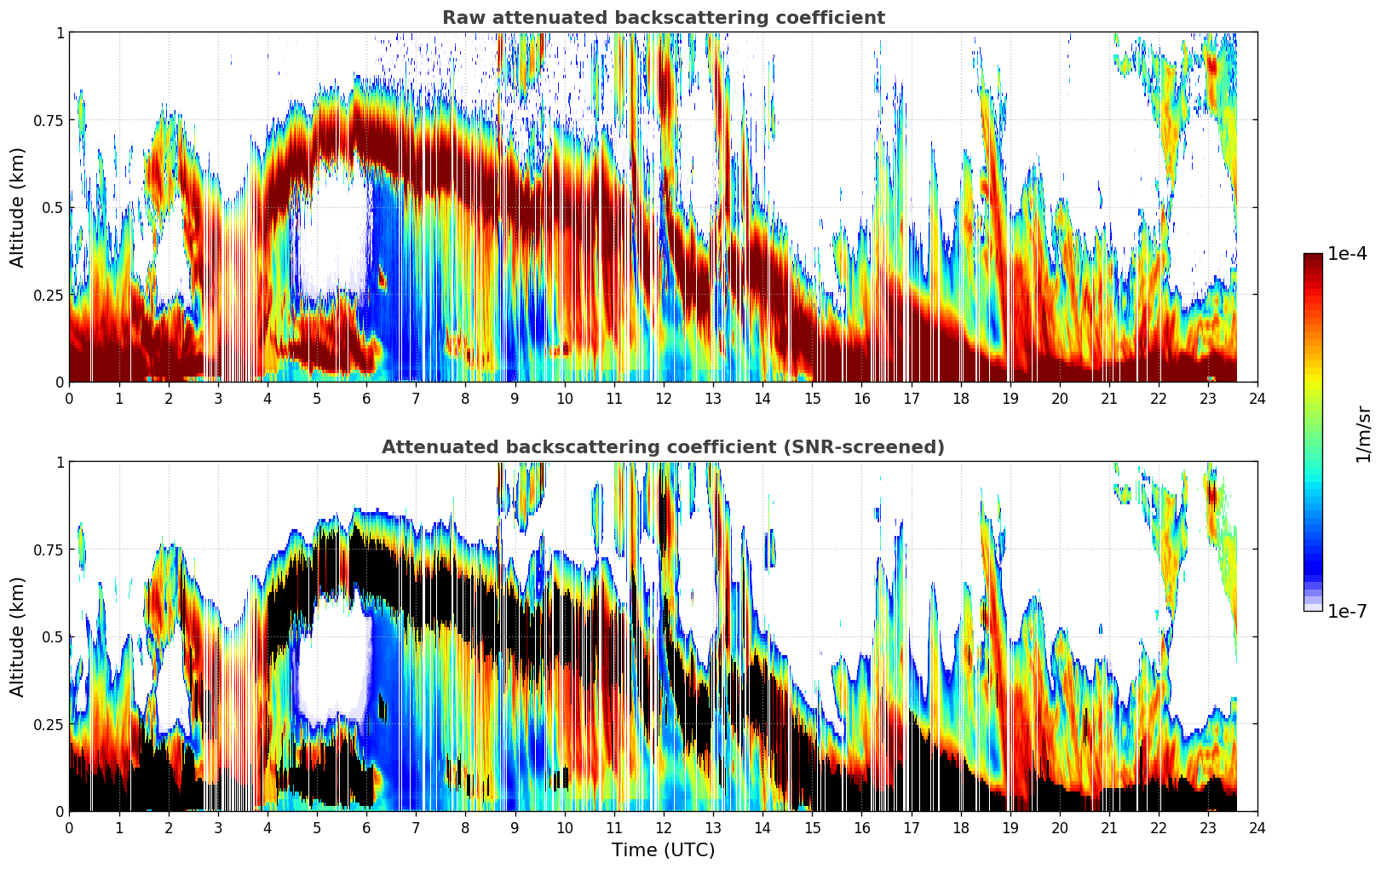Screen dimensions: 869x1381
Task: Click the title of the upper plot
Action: pos(663,18)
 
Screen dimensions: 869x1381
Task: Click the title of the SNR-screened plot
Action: pos(663,447)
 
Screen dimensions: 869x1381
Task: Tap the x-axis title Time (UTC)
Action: pos(663,850)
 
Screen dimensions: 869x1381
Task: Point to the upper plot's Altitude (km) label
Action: pos(18,207)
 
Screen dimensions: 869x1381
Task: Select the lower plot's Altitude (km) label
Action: pos(18,636)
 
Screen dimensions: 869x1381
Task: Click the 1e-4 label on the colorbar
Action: pos(1347,254)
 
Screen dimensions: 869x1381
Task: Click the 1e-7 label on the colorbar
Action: pos(1347,611)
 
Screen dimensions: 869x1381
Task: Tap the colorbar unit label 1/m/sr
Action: pos(1363,434)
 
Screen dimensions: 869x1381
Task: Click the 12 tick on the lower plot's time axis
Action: pos(664,828)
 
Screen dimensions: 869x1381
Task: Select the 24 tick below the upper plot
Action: pos(1257,399)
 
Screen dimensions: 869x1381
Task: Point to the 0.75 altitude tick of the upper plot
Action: pos(48,120)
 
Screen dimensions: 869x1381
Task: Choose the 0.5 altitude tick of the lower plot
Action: pos(54,636)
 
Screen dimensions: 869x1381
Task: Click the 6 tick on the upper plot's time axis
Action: pos(366,399)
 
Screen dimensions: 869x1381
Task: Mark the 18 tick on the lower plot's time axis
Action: pos(961,828)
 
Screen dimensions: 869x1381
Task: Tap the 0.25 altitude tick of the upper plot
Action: pos(48,295)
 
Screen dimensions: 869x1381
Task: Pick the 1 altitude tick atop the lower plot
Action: pos(60,462)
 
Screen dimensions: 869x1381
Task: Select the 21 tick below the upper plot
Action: pos(1109,399)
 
